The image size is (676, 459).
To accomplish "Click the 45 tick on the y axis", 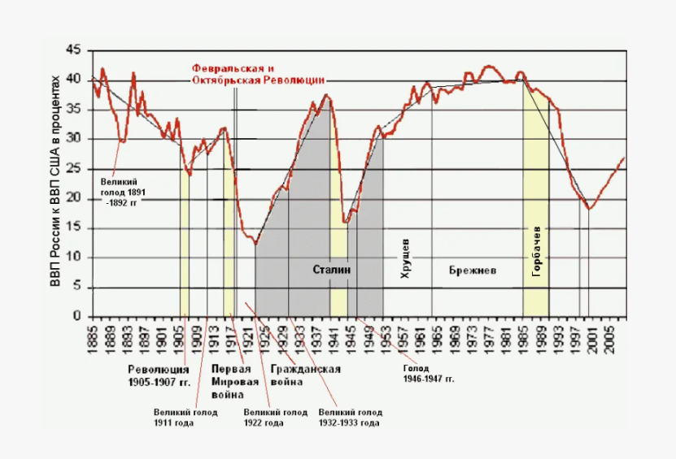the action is point(73,50).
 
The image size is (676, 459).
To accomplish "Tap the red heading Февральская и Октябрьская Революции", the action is point(258,74).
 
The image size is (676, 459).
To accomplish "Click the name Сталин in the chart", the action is point(332,270).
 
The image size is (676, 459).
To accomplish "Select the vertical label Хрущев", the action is point(405,259).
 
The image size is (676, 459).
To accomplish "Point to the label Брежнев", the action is point(473,271).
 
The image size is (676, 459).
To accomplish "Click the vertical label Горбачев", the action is point(537,252).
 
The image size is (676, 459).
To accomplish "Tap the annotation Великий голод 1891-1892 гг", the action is point(123,192).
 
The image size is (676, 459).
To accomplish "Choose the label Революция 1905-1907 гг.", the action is point(159,375).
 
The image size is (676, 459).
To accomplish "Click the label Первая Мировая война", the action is point(234,382).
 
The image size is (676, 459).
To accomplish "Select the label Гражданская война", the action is point(305,375).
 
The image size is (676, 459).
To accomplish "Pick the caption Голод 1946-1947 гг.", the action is point(429,374).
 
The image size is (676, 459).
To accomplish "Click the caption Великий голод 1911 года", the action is point(185,418).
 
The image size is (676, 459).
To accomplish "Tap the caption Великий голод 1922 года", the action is point(276,418).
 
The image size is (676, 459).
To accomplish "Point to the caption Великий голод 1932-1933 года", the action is point(350,418).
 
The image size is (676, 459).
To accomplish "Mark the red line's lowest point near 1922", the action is point(255,244).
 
